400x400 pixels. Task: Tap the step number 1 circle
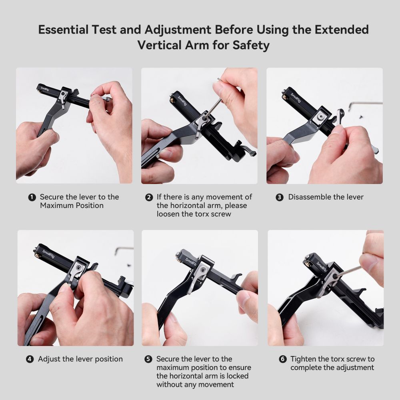pos(32,197)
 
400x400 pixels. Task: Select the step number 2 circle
pos(149,197)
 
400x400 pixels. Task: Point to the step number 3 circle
pos(280,197)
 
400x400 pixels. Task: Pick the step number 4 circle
pos(30,359)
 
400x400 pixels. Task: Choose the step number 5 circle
pos(148,359)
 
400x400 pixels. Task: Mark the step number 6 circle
pos(282,359)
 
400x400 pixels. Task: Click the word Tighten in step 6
pos(306,359)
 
